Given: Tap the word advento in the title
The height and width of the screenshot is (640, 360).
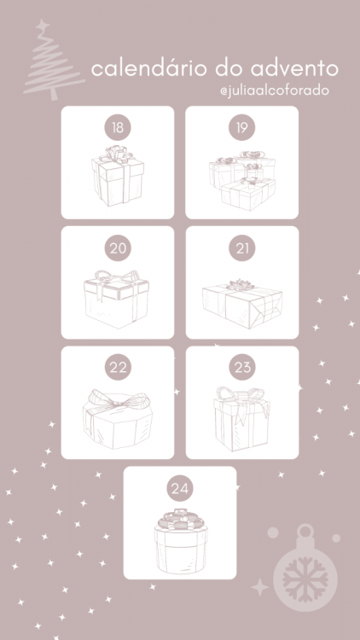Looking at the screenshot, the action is tap(294, 69).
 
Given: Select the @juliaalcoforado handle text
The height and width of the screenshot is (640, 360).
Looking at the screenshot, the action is tap(275, 90).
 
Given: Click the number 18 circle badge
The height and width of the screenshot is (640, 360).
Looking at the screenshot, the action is tap(118, 128).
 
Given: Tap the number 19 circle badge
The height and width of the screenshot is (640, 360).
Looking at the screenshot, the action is tap(242, 128).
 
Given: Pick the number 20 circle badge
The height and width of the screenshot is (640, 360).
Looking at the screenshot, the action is tap(118, 248).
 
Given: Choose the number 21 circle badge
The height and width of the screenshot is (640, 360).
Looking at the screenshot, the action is tap(242, 248).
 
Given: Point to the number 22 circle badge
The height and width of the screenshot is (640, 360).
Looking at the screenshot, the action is tap(118, 368).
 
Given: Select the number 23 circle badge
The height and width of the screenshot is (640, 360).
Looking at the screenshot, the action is tap(242, 368).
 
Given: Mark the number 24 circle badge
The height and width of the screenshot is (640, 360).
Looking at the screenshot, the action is tap(180, 488).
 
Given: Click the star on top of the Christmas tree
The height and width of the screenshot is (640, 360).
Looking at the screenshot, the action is tap(42, 26).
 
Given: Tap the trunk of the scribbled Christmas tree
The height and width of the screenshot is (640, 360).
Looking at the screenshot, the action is tap(53, 93).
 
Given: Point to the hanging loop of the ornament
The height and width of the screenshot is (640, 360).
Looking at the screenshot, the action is tap(305, 532).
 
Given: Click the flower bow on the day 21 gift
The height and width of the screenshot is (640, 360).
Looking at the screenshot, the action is tap(241, 285).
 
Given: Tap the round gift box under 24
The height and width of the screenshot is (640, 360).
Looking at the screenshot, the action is tap(181, 541).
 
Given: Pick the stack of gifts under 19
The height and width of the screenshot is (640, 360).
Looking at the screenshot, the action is tap(242, 181).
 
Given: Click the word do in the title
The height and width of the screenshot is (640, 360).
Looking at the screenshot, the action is tap(229, 69).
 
